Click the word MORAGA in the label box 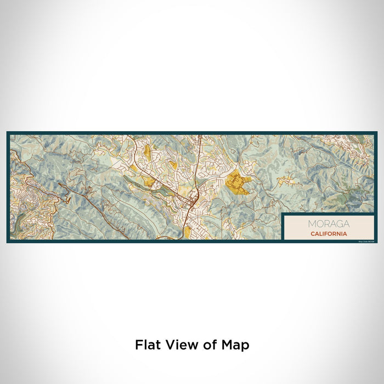coord(328,223)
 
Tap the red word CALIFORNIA coord(328,233)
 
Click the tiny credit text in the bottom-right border coord(366,241)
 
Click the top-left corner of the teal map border coord(8,133)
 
